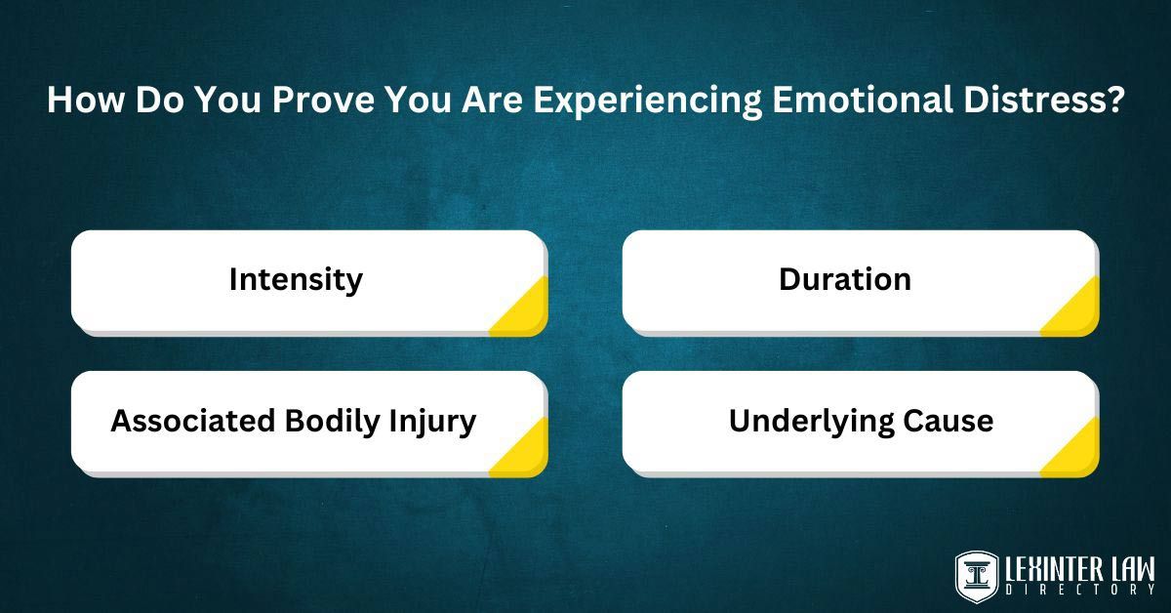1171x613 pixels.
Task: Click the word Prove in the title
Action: click(x=323, y=99)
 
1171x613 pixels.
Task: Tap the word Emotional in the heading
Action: click(x=863, y=99)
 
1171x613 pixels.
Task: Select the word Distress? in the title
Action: click(x=1043, y=99)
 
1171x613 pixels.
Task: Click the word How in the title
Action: click(x=86, y=99)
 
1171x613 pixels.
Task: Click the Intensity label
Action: click(x=296, y=280)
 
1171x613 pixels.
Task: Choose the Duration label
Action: click(x=845, y=279)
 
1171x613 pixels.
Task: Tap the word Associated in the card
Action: click(x=193, y=421)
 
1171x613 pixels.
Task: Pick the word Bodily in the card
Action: click(x=332, y=422)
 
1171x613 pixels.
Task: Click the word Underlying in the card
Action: click(x=811, y=422)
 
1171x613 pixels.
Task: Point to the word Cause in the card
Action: click(x=948, y=421)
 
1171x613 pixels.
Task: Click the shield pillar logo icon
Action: click(x=977, y=577)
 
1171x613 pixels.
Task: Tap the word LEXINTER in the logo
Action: click(x=1052, y=570)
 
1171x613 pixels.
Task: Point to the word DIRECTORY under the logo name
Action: click(x=1080, y=590)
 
